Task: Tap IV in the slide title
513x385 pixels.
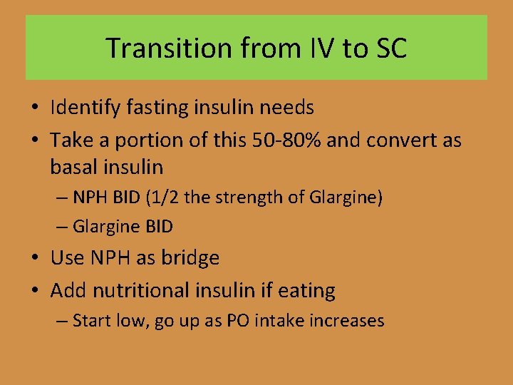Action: click(318, 48)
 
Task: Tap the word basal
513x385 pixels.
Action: click(73, 168)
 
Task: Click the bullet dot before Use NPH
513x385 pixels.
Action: click(35, 258)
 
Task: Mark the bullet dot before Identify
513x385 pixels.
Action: click(35, 108)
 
